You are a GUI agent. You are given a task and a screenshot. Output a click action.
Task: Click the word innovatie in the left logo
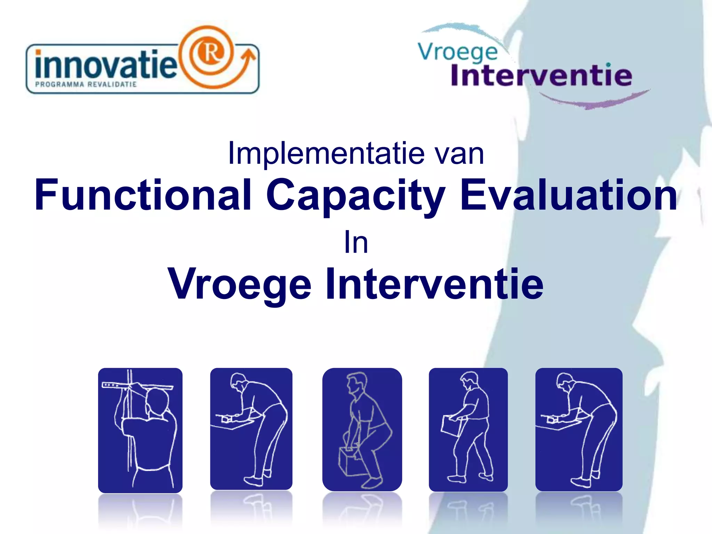[106, 65]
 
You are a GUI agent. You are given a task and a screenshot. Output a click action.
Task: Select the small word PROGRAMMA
[59, 84]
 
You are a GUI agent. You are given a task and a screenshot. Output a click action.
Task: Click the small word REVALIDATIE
[112, 84]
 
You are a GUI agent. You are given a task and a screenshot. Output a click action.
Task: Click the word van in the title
[460, 153]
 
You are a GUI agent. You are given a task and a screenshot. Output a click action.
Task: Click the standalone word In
[356, 243]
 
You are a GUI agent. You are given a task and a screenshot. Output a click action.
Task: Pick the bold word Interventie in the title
[435, 284]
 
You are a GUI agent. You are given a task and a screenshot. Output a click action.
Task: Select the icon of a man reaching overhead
[140, 430]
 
